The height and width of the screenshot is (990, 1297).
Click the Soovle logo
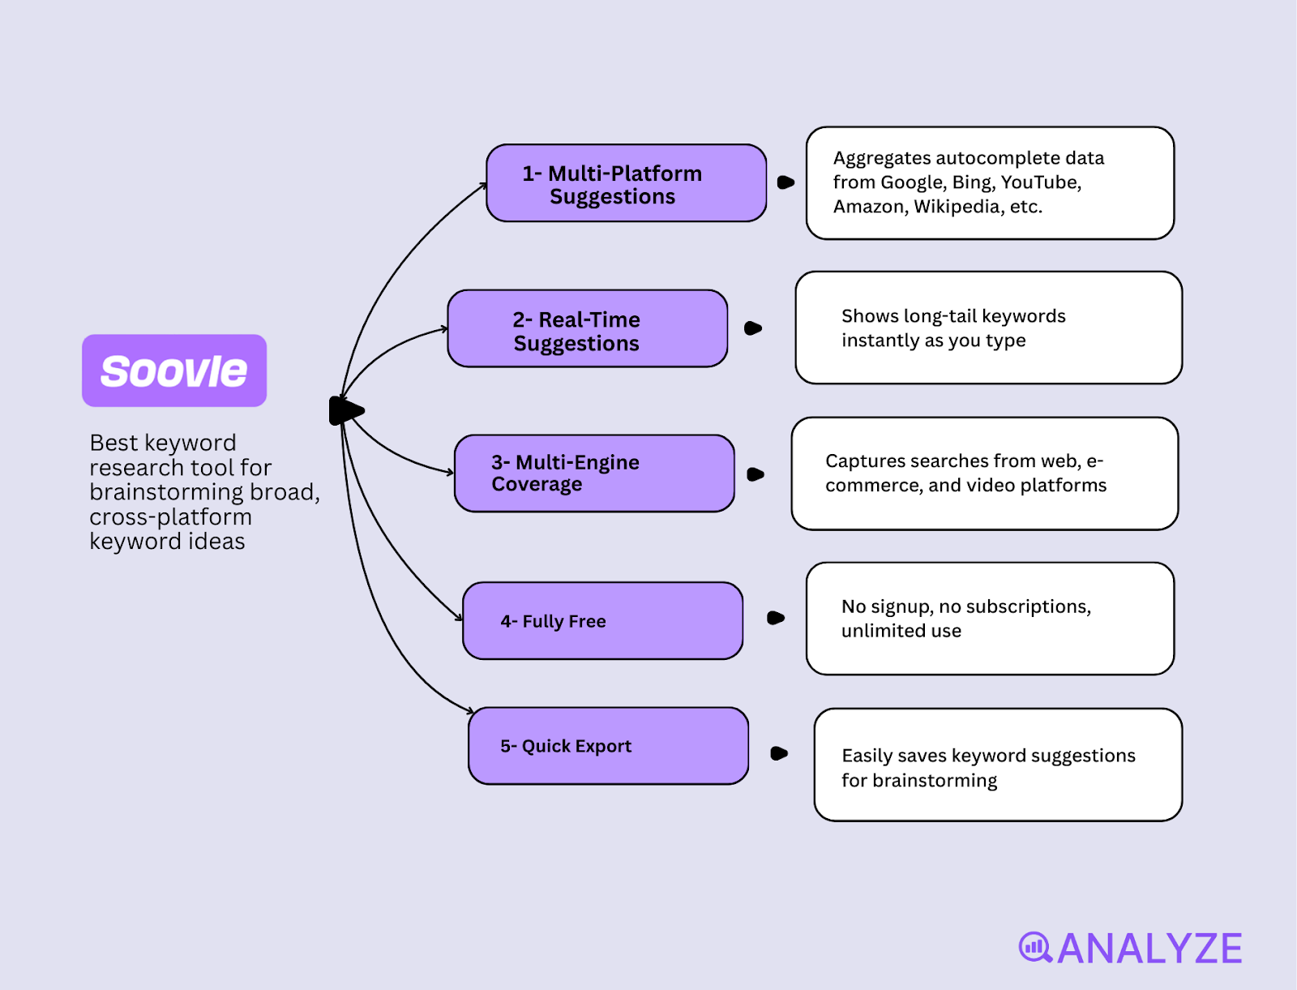click(173, 371)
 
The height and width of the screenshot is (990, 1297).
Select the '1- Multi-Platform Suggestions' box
click(626, 183)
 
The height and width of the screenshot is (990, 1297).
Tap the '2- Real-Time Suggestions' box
click(587, 328)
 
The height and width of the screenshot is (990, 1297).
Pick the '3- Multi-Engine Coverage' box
click(593, 474)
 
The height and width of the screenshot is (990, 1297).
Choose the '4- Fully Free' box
click(602, 621)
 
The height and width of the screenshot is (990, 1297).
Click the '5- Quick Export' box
click(608, 746)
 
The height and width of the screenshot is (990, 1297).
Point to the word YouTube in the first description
click(1040, 182)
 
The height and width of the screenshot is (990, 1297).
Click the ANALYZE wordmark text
click(1149, 949)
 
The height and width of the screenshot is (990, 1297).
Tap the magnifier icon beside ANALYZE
click(1035, 947)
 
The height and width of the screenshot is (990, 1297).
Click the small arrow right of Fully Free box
click(776, 618)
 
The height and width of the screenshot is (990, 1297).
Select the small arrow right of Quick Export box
click(779, 753)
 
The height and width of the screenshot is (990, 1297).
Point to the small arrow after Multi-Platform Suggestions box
click(785, 182)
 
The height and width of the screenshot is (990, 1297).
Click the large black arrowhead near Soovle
click(346, 411)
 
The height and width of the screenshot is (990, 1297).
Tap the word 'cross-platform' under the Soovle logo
click(170, 517)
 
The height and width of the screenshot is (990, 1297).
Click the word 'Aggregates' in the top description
click(881, 158)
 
